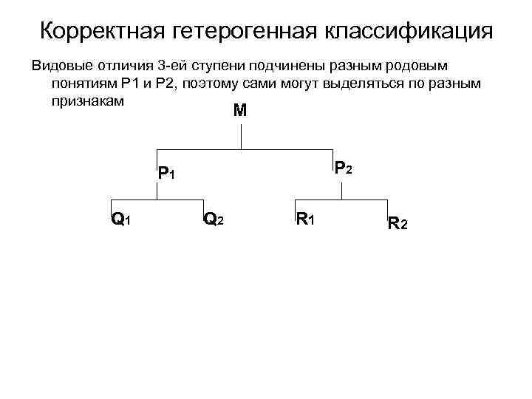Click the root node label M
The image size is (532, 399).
click(239, 112)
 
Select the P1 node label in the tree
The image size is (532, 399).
click(166, 174)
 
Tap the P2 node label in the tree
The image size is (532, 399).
click(343, 169)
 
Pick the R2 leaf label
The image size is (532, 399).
click(397, 222)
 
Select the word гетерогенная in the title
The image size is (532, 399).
click(247, 32)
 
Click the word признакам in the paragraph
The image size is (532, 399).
click(87, 100)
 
